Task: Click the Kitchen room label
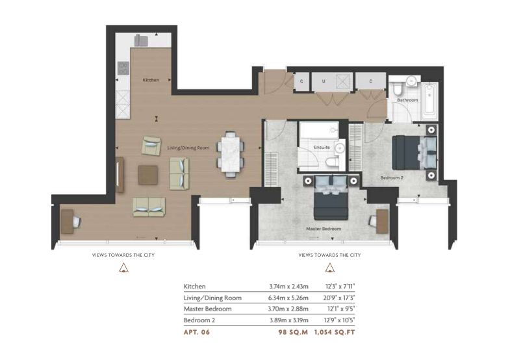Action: [151, 80]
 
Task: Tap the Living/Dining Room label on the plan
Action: [188, 148]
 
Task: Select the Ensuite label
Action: [322, 147]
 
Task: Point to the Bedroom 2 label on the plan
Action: [392, 178]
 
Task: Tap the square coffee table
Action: [147, 175]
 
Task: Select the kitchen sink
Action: [141, 41]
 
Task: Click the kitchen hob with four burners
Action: [123, 68]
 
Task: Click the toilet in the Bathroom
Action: [398, 90]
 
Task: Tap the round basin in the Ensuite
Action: [340, 148]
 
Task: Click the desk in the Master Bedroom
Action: [382, 222]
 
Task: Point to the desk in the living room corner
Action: [67, 222]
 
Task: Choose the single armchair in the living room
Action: [151, 146]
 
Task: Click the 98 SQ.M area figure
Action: [293, 332]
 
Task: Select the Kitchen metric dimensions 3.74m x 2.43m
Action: [289, 287]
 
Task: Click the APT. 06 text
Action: [197, 332]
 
